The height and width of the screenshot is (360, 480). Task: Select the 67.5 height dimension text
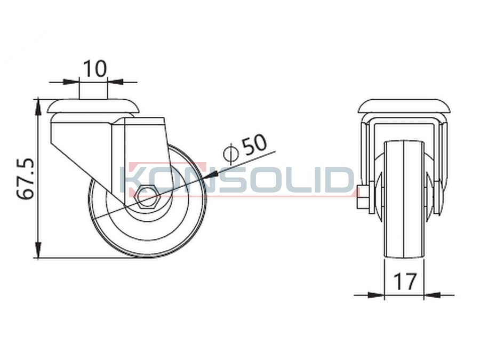[x=26, y=179]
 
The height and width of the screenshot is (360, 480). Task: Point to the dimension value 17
[x=405, y=281]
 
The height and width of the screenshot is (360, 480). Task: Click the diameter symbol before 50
[x=230, y=152]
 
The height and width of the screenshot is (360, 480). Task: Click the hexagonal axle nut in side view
[x=147, y=197]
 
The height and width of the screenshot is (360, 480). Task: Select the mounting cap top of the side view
[x=93, y=106]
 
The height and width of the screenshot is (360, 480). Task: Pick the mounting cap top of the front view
[x=405, y=106]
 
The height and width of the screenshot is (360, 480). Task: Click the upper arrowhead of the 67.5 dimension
[x=38, y=107]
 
